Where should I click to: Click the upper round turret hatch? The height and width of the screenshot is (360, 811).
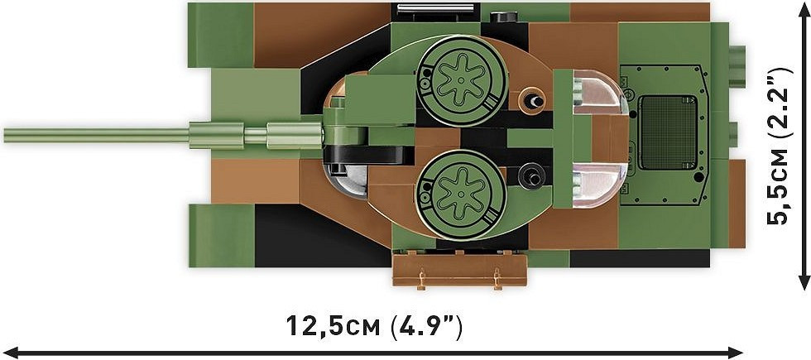[x=461, y=81]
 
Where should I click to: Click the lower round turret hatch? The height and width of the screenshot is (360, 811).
[x=461, y=195]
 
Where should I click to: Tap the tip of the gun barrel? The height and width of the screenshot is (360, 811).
[x=5, y=136]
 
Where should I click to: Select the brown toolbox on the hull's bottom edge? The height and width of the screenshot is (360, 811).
[x=460, y=270]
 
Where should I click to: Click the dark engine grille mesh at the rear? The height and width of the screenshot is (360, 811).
[x=668, y=132]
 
